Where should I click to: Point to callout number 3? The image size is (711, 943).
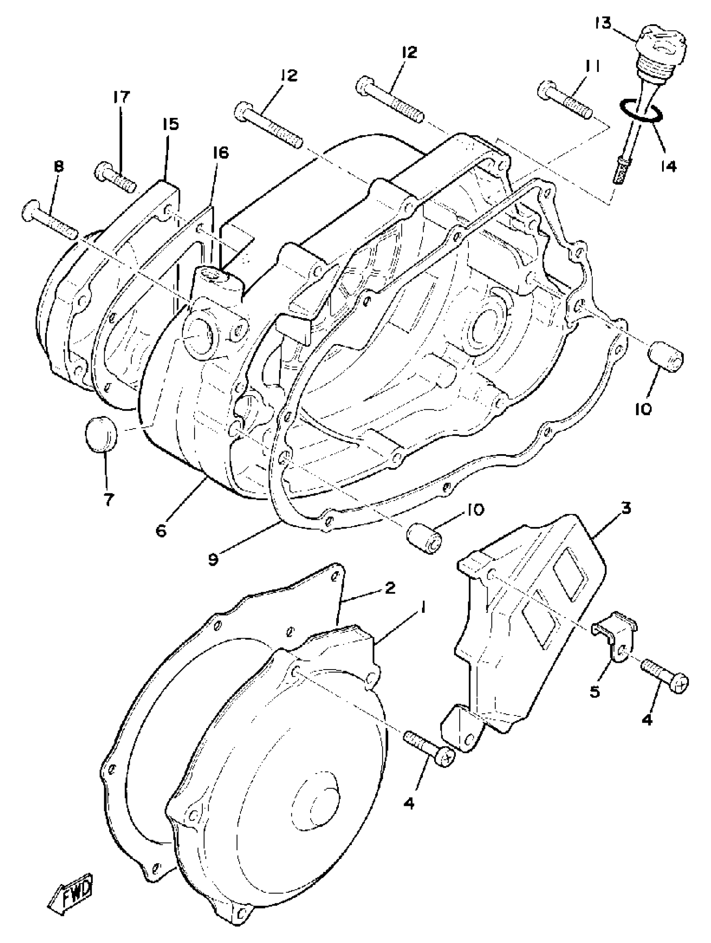point(626,508)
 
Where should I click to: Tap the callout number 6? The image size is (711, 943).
point(161,531)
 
